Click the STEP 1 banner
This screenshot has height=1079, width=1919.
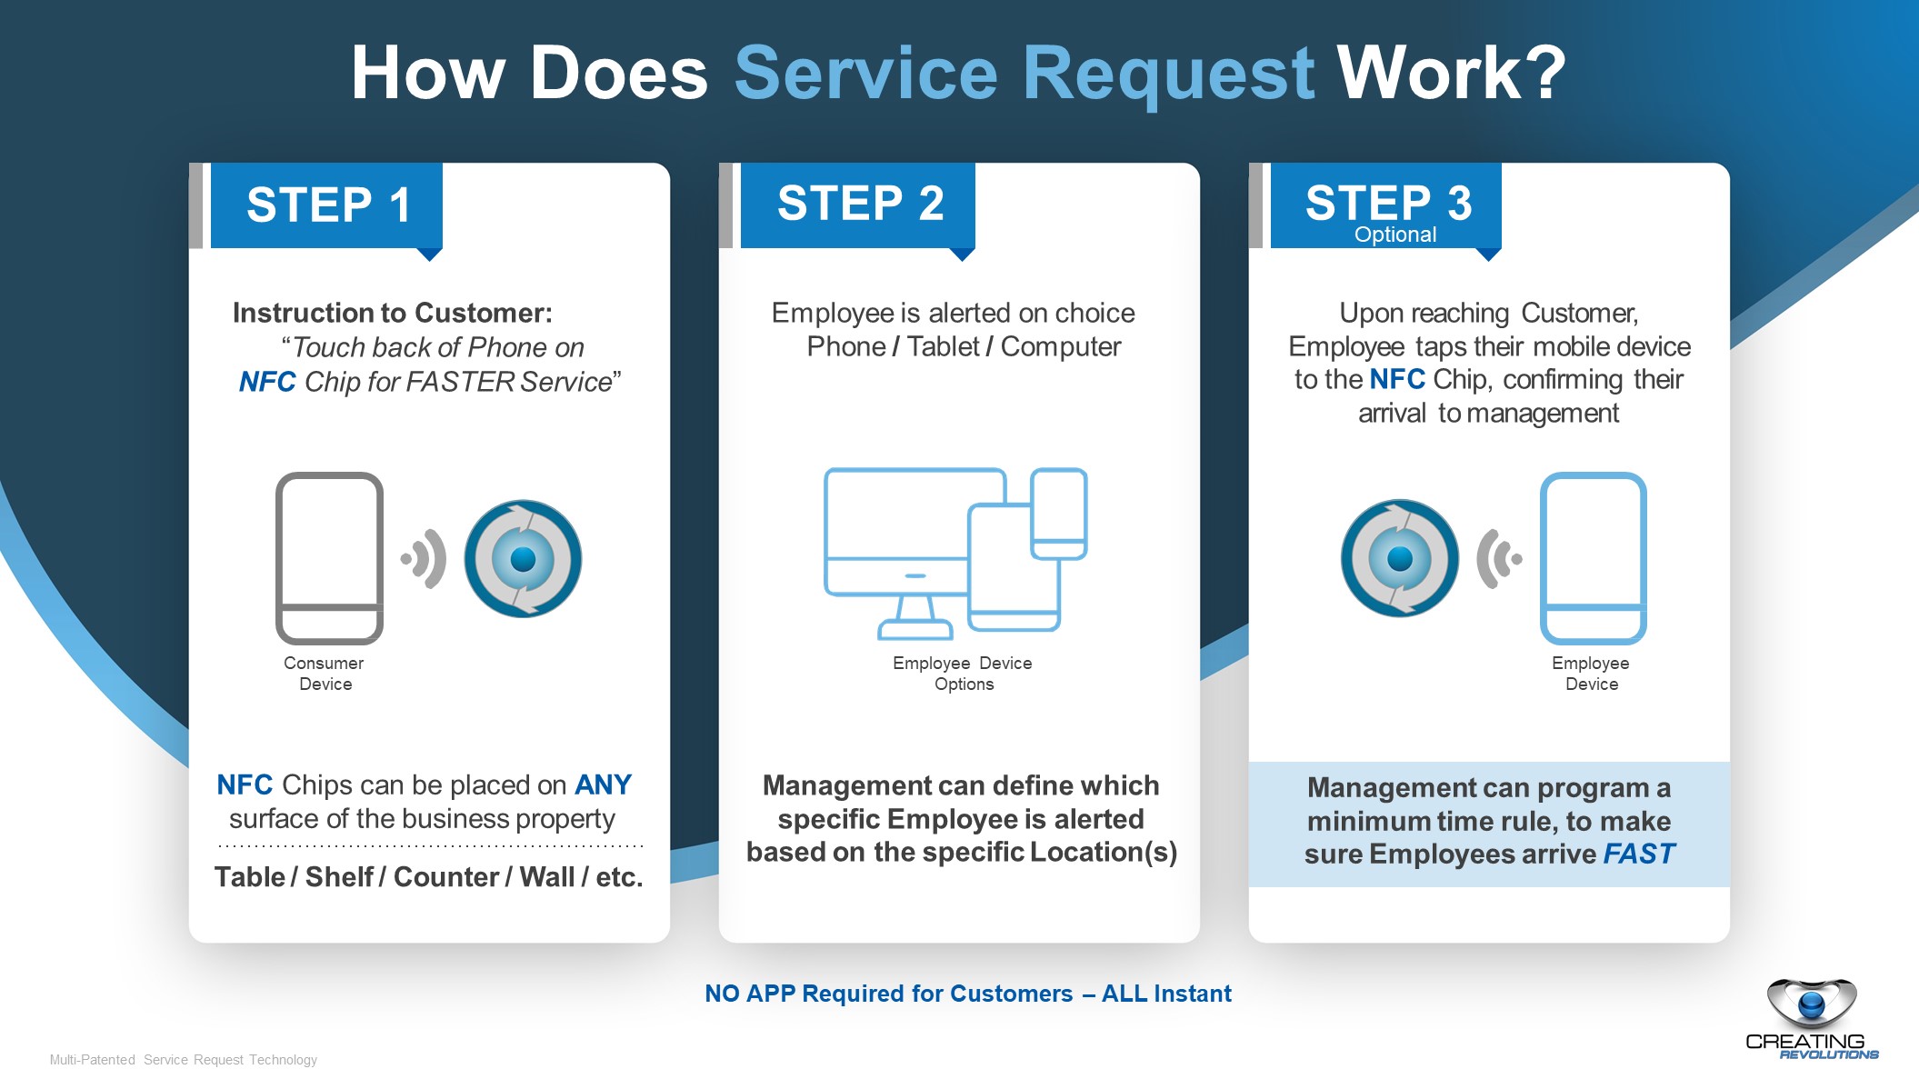click(x=327, y=205)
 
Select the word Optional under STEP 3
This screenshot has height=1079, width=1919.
click(x=1394, y=235)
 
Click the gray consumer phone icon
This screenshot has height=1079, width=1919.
click(x=329, y=557)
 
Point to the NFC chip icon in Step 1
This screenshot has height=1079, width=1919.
click(x=523, y=559)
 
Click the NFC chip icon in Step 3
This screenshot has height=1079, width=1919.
click(x=1399, y=558)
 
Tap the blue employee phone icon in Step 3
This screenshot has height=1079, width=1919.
click(x=1593, y=557)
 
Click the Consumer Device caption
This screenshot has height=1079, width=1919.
click(x=324, y=674)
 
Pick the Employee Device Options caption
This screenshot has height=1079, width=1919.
click(x=963, y=674)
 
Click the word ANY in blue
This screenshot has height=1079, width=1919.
click(x=603, y=784)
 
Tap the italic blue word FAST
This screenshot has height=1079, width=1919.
click(x=1638, y=854)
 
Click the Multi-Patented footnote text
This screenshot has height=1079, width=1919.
click(x=183, y=1060)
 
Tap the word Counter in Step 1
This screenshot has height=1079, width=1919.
click(x=445, y=877)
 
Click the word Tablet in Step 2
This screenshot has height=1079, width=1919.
click(x=943, y=346)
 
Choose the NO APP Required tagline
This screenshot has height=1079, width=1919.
click(x=967, y=994)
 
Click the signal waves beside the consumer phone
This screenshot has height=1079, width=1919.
click(x=425, y=558)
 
